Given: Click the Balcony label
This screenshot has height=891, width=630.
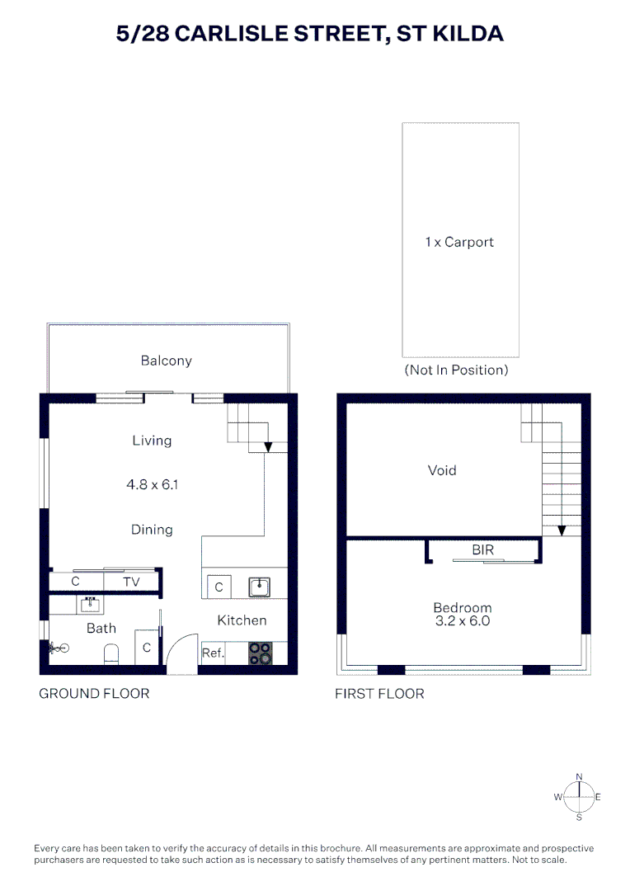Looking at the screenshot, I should [166, 361].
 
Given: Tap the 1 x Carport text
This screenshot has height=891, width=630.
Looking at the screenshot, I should [459, 243].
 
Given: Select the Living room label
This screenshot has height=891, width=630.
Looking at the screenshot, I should [152, 441].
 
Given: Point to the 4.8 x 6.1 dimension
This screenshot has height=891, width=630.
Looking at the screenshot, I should [152, 485].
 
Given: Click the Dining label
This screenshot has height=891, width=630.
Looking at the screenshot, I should [152, 530].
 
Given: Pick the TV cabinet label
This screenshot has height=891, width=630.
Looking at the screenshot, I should [131, 582].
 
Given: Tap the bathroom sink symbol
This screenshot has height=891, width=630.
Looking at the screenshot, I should [90, 604].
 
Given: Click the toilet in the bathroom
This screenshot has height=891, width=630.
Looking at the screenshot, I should [112, 655].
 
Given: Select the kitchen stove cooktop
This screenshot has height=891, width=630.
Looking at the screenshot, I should [261, 653].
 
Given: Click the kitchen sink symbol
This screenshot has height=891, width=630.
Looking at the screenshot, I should [261, 587].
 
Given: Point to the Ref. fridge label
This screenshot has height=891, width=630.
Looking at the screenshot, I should [213, 653].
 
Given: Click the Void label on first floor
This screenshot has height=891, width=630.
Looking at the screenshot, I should [442, 471].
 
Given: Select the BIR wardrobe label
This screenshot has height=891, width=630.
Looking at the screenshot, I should [483, 549].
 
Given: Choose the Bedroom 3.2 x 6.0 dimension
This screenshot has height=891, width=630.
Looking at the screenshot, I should [462, 620].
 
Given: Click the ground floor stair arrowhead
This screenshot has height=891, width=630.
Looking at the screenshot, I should [268, 448].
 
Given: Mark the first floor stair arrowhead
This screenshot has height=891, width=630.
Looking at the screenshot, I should [561, 530].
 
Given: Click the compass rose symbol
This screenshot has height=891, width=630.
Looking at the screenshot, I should [579, 796].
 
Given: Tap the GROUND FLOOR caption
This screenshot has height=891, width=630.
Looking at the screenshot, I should [95, 694].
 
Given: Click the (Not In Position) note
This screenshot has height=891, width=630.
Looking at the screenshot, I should [456, 370].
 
